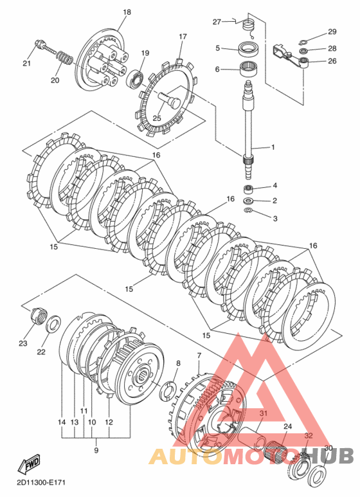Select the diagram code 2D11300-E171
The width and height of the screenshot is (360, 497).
pyautogui.click(x=41, y=483)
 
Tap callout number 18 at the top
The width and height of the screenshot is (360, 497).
pyautogui.click(x=127, y=12)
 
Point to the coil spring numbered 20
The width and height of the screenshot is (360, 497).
pyautogui.click(x=66, y=57)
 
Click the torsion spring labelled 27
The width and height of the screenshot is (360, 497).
pyautogui.click(x=249, y=28)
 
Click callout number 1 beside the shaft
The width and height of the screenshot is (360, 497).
pyautogui.click(x=273, y=147)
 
